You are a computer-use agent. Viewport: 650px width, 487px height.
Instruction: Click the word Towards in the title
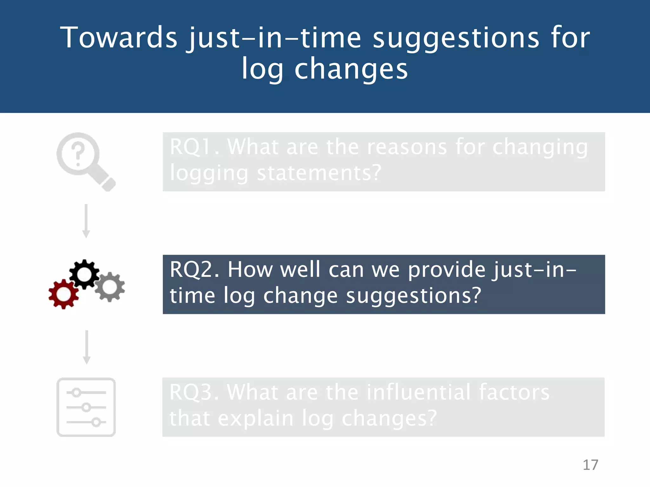coord(119,38)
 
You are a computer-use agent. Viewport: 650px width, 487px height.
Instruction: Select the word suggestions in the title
coord(456,38)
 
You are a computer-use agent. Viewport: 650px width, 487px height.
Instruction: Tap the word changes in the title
coord(351,69)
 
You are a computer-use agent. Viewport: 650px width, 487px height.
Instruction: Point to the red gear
coord(63,294)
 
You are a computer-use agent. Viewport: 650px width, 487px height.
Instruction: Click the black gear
coord(84,274)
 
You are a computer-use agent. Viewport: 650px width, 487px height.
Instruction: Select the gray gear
coord(110,287)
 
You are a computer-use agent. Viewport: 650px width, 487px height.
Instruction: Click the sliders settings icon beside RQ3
coord(86,407)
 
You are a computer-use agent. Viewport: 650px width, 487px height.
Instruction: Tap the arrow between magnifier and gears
coord(86,221)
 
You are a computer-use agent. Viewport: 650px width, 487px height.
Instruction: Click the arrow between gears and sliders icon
coord(86,347)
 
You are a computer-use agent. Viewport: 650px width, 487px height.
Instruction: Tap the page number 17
coord(590,465)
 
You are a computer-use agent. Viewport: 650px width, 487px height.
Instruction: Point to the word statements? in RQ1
coord(319,173)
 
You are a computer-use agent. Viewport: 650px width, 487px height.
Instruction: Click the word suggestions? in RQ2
coord(414,296)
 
